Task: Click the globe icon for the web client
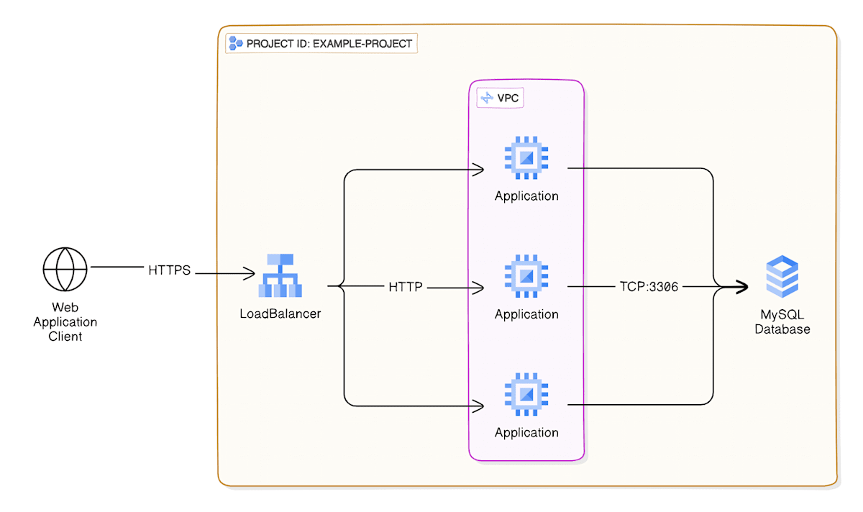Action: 65,268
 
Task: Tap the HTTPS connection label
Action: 170,271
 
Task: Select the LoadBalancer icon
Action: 280,275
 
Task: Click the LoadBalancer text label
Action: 280,314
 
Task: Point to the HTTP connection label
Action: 406,287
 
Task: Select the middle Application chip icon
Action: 526,275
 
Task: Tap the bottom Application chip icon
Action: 526,393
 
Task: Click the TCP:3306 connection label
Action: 649,287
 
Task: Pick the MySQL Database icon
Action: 782,278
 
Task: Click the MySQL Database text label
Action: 782,322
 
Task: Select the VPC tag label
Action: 501,98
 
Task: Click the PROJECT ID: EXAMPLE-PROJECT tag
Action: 321,43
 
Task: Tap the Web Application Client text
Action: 65,322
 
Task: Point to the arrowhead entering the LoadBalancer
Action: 250,274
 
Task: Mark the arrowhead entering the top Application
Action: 478,170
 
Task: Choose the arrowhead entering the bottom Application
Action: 478,406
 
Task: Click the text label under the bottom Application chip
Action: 526,432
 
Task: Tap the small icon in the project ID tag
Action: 235,43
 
